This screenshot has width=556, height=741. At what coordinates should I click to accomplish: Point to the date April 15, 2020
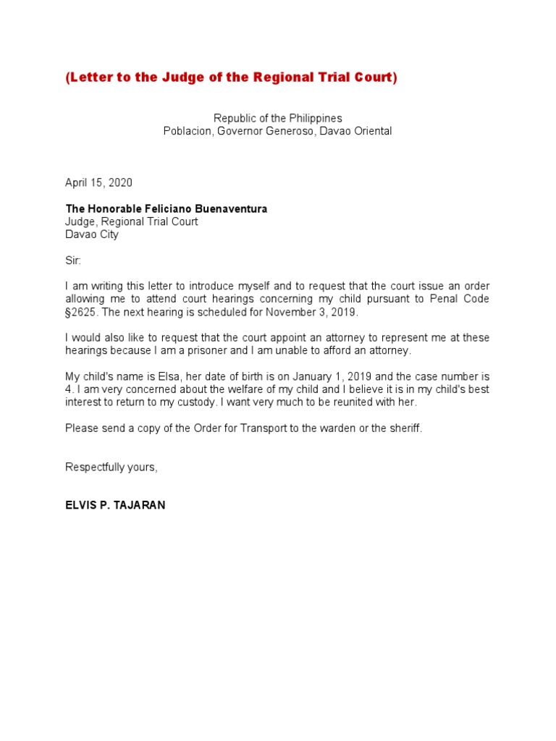click(x=98, y=183)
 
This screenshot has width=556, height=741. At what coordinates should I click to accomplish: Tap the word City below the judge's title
click(x=106, y=234)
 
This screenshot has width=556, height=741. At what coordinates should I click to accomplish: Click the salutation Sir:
click(x=74, y=261)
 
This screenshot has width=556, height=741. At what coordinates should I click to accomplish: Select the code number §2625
click(x=82, y=312)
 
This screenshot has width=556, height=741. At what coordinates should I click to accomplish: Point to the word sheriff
click(x=403, y=428)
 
